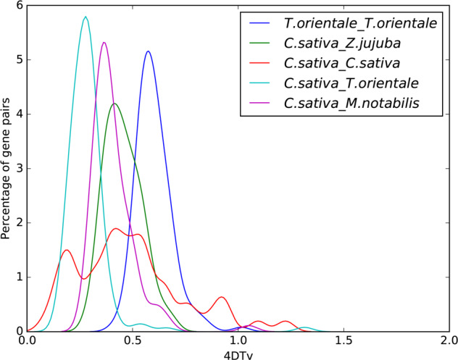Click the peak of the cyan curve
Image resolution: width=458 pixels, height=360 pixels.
[x=86, y=17]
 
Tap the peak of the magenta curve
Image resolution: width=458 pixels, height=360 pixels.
[x=104, y=42]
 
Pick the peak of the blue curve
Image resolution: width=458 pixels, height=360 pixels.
[x=148, y=51]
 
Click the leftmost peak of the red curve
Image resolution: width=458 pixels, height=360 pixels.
[x=67, y=250]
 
